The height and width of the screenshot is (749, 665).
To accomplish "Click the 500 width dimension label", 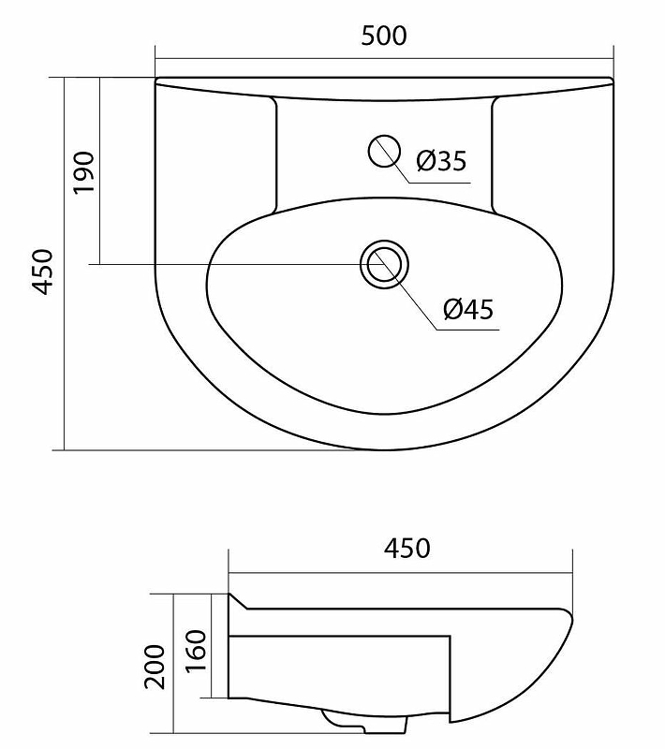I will click(384, 36).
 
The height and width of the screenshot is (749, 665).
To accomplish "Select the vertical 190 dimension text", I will click(84, 171).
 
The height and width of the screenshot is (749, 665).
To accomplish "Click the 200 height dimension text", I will click(156, 666).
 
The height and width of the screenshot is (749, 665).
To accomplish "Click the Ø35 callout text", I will click(440, 162).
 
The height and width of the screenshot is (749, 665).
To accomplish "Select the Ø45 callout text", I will click(468, 309).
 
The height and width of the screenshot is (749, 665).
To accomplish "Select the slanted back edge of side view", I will click(240, 601).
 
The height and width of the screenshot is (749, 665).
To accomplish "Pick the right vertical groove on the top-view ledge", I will click(493, 154).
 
